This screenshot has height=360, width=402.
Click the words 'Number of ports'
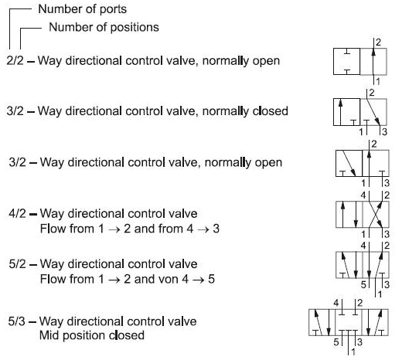tap(83, 9)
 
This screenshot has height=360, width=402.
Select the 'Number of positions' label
tap(104, 27)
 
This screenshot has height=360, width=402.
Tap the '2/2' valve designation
tap(15, 61)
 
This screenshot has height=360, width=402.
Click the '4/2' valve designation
tap(17, 214)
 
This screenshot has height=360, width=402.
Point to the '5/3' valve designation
tap(16, 321)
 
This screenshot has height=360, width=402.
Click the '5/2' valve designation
tap(17, 264)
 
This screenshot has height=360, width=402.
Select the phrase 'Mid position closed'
tap(92, 335)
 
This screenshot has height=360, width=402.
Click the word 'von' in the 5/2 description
tap(169, 280)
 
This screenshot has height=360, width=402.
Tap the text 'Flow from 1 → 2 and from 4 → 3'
tap(130, 229)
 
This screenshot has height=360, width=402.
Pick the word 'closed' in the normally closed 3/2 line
tap(271, 111)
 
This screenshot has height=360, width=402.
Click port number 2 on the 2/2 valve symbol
tap(378, 42)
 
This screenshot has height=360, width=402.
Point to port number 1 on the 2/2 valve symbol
tap(378, 82)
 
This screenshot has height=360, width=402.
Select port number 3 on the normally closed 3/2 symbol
tap(384, 131)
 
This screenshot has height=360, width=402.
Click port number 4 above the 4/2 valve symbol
tap(363, 195)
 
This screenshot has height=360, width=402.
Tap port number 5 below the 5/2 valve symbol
tap(363, 284)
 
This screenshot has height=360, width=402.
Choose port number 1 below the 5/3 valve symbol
tap(353, 352)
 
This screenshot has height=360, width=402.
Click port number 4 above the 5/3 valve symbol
tap(336, 303)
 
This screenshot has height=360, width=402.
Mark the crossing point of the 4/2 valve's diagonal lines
tap(376, 214)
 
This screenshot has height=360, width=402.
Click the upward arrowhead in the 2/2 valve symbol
tap(373, 53)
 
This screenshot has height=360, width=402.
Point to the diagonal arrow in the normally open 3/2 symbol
tap(349, 163)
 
